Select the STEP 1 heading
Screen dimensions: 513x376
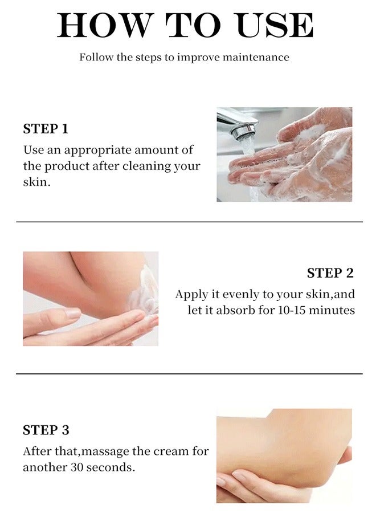point(46,129)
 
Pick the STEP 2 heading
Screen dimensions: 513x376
point(330,273)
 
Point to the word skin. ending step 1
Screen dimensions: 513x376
point(36,183)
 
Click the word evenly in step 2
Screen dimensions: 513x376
point(242,295)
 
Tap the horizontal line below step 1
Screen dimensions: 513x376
point(189,221)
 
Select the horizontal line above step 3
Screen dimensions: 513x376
point(189,374)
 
